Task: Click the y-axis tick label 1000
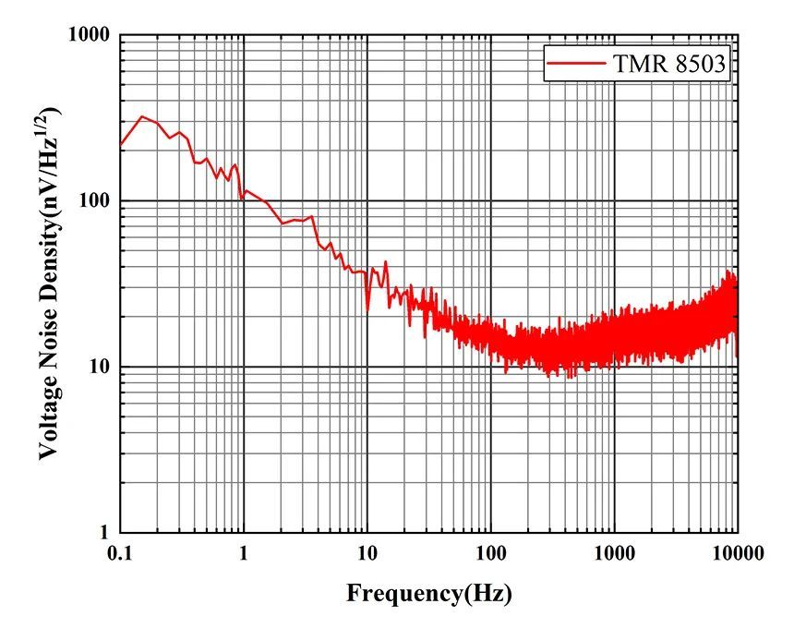click(90, 35)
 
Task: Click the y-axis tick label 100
click(95, 201)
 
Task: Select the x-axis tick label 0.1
click(120, 553)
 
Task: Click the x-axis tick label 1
click(244, 553)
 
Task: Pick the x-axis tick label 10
click(367, 553)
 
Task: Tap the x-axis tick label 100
click(491, 553)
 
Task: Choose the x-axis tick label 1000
click(614, 553)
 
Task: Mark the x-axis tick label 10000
click(735, 553)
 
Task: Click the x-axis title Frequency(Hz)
click(428, 593)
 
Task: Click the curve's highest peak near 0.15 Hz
click(141, 116)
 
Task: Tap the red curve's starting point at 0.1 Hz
click(121, 145)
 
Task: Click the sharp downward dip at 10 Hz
click(367, 310)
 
